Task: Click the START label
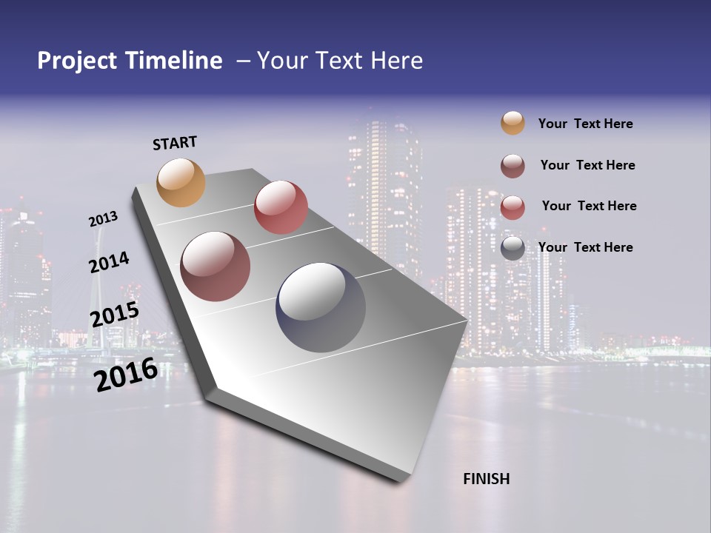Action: point(175,143)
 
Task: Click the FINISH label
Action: point(486,479)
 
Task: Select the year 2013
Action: point(103,219)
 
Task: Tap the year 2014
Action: point(109,262)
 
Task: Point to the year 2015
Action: point(114,315)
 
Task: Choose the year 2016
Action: point(125,375)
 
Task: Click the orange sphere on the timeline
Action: point(181,182)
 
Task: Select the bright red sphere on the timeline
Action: point(281,207)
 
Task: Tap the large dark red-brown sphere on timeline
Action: point(216,266)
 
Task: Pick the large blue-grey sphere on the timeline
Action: point(321,306)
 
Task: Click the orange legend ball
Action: point(513,123)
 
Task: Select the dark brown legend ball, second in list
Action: point(513,166)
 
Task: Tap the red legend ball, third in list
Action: point(513,207)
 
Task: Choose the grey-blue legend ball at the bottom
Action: point(513,248)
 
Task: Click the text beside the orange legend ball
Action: point(585,124)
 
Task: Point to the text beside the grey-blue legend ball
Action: point(585,247)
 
